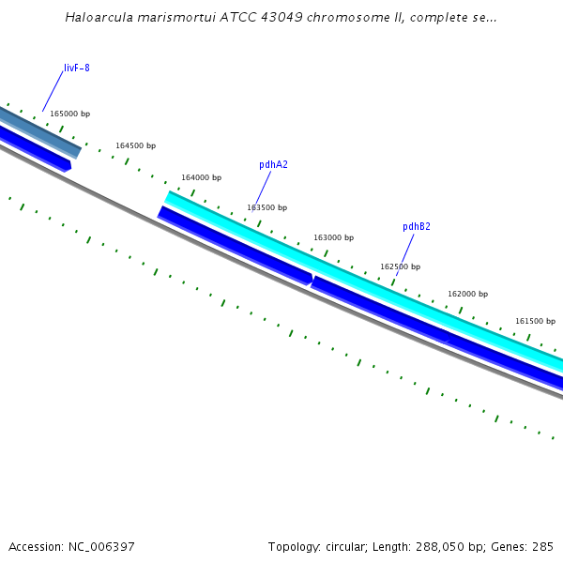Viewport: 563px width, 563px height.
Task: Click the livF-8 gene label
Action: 77,68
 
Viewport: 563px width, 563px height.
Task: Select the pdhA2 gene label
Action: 273,165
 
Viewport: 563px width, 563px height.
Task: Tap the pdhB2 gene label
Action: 417,227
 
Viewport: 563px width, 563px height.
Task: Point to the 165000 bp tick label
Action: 69,114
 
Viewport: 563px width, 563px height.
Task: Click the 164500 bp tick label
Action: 136,146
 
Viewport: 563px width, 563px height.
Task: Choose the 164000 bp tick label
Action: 202,178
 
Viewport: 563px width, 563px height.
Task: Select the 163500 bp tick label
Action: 267,208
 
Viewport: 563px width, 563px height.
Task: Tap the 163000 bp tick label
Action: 334,238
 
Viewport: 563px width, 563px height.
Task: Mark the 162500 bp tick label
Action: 401,267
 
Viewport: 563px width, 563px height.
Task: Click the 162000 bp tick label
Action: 467,295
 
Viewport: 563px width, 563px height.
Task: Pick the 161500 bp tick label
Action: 535,322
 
